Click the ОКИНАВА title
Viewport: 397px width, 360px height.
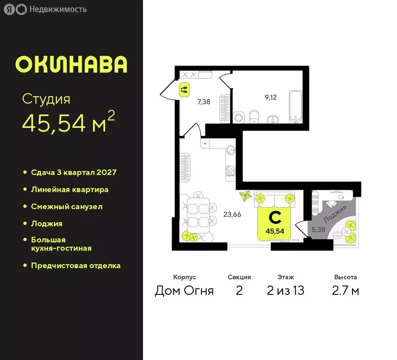71,65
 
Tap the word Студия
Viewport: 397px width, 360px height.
46,99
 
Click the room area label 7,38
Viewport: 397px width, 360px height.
203,101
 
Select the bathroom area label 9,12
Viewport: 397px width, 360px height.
271,98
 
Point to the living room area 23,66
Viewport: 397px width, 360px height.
232,215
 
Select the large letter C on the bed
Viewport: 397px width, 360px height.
276,217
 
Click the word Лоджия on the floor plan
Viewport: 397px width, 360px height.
336,213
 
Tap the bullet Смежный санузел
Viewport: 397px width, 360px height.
67,206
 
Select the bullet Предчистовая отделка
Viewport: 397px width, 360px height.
75,265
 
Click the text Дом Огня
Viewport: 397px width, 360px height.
184,291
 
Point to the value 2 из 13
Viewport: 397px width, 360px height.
285,291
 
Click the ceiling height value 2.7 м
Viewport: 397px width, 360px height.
345,291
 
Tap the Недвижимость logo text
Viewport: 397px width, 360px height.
58,9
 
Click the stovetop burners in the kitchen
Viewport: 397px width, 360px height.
230,171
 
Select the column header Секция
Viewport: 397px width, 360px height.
239,277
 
